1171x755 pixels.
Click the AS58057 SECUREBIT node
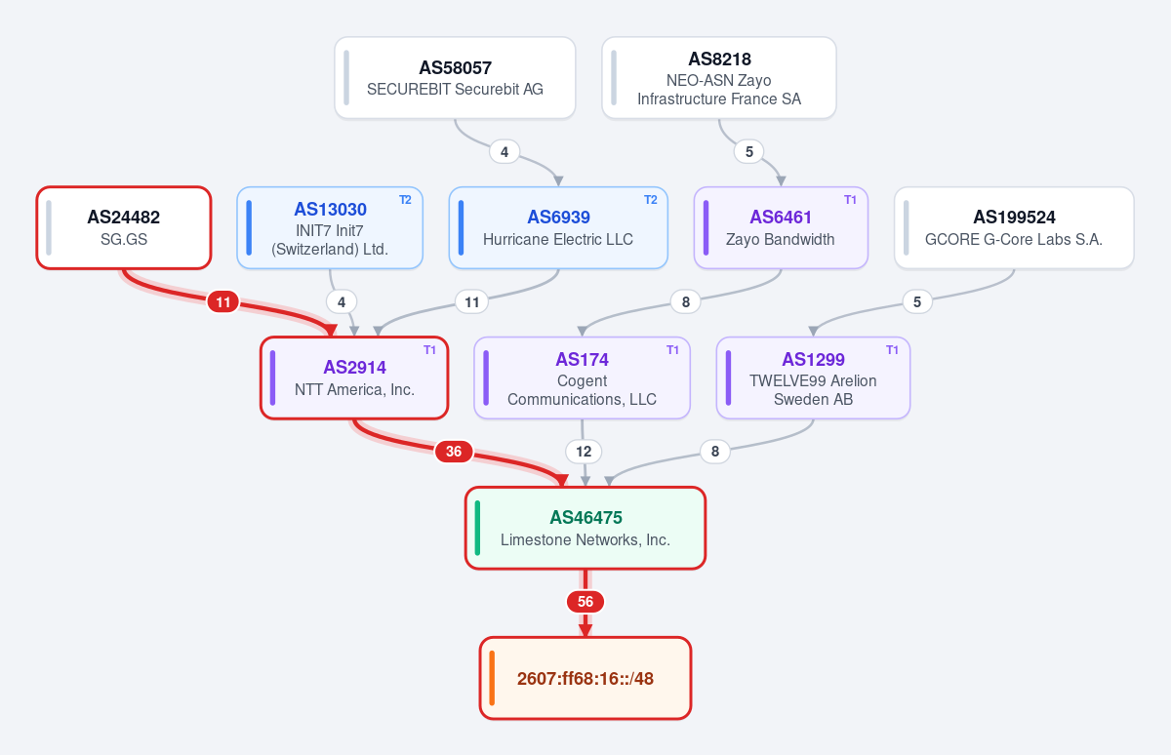click(455, 78)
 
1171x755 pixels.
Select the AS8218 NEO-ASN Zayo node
click(719, 78)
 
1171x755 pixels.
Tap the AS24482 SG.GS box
click(124, 228)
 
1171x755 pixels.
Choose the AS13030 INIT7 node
click(330, 228)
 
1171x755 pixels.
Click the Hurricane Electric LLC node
click(558, 228)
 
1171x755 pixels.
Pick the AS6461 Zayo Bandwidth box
click(781, 228)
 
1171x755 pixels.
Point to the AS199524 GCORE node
click(1014, 228)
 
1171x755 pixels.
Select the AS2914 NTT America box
click(354, 377)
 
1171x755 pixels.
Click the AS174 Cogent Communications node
click(582, 377)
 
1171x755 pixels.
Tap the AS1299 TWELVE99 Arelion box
click(813, 377)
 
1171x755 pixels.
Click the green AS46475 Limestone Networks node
click(585, 528)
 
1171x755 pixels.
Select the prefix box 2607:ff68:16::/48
click(585, 678)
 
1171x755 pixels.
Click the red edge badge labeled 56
click(585, 602)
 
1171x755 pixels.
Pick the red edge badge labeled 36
click(454, 452)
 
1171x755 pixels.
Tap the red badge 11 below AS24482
click(223, 302)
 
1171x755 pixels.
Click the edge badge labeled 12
click(584, 452)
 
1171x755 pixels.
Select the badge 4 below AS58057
click(505, 152)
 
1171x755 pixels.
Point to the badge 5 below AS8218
click(749, 152)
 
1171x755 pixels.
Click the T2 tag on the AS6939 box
click(650, 200)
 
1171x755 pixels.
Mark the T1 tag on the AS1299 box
click(892, 349)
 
